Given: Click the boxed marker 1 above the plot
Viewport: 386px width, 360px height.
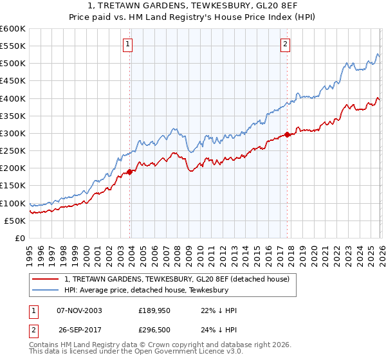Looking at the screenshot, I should (x=128, y=44).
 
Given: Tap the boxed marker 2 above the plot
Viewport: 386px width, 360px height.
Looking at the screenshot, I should (x=285, y=44).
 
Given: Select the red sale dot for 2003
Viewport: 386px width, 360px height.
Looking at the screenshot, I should (x=129, y=172).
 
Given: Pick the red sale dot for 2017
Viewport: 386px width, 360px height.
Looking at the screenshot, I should (x=287, y=134).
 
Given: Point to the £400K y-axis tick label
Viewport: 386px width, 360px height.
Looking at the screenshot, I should (x=13, y=98).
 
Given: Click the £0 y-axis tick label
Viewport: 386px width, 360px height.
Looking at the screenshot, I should (x=20, y=238).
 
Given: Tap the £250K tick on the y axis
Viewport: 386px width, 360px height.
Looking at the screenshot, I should (x=13, y=150).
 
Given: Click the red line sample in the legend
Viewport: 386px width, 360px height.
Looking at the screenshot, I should (x=46, y=279).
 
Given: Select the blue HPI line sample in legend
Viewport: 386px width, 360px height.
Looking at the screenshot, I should (x=46, y=290).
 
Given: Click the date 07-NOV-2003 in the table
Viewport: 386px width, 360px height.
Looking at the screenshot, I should (x=79, y=310).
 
